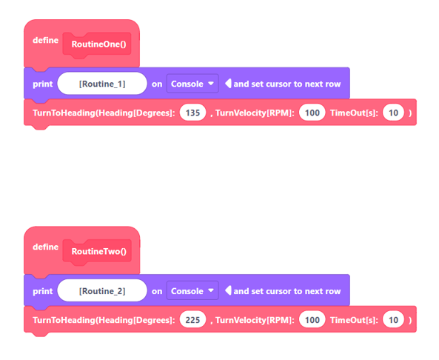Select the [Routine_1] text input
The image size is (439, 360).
[x=102, y=84]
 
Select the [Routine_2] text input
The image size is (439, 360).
[x=102, y=291]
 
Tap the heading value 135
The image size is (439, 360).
[x=192, y=113]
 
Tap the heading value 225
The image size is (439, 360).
[x=192, y=320]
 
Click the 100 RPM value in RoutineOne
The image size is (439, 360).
[x=312, y=113]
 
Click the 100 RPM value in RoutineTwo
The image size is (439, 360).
[x=312, y=320]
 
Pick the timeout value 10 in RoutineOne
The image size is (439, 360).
[x=393, y=113]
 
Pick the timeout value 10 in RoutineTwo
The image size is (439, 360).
[x=393, y=320]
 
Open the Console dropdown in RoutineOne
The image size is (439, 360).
[x=192, y=84]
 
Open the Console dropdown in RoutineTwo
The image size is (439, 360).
[x=192, y=291]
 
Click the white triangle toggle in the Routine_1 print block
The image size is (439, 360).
[x=228, y=83]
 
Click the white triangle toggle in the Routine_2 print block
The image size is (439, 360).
[x=228, y=290]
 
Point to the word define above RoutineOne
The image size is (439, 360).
[x=45, y=40]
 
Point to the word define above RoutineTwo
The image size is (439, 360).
[x=45, y=247]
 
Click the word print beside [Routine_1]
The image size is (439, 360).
[x=42, y=84]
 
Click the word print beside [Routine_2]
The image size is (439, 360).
[x=42, y=291]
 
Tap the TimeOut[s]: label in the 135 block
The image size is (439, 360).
[x=354, y=113]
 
